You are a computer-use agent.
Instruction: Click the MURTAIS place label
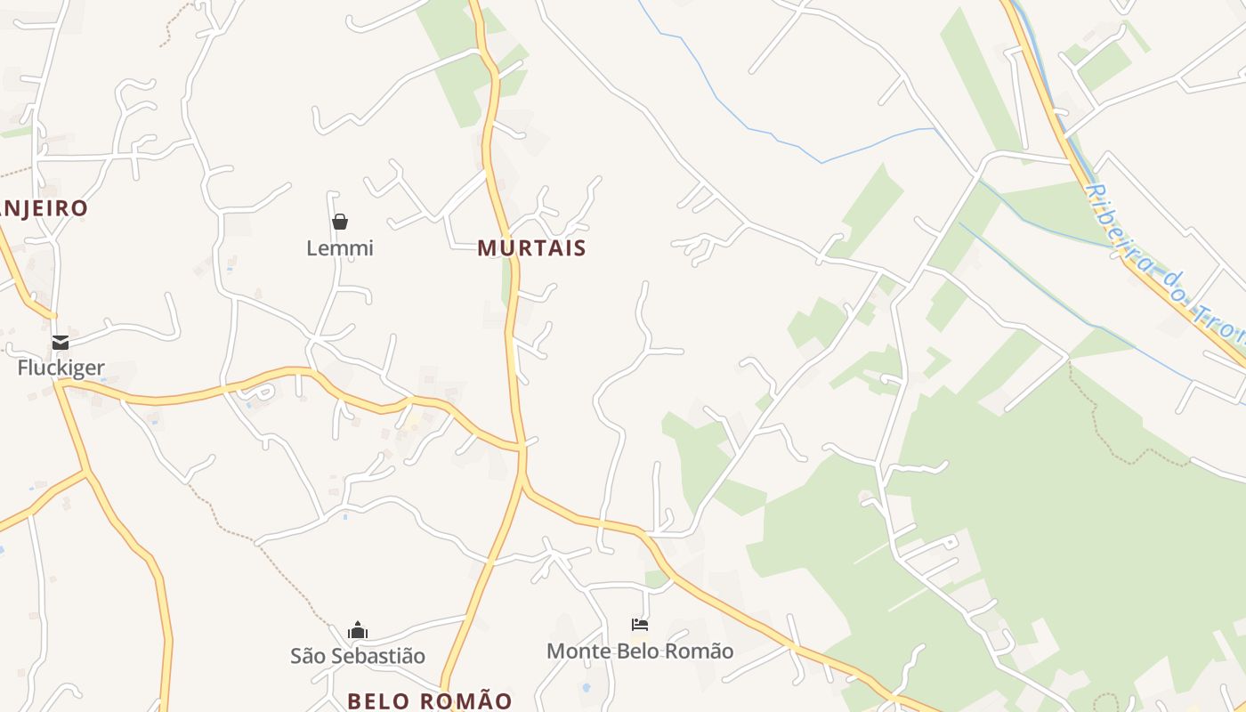tap(531, 248)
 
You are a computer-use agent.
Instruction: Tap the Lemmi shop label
tap(340, 248)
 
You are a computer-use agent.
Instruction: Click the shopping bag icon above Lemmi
tap(340, 222)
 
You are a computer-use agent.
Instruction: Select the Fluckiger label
tap(61, 368)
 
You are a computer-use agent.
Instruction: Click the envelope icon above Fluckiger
tap(61, 342)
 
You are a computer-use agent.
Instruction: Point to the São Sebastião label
tap(358, 656)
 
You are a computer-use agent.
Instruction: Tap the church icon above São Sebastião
tap(358, 631)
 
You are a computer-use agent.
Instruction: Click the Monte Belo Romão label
tap(640, 651)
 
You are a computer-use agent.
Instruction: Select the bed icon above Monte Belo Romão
tap(640, 625)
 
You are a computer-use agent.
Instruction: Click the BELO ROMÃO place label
tap(430, 701)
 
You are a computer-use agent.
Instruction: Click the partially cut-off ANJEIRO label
tap(44, 208)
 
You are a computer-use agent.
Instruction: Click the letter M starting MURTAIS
tap(486, 248)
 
